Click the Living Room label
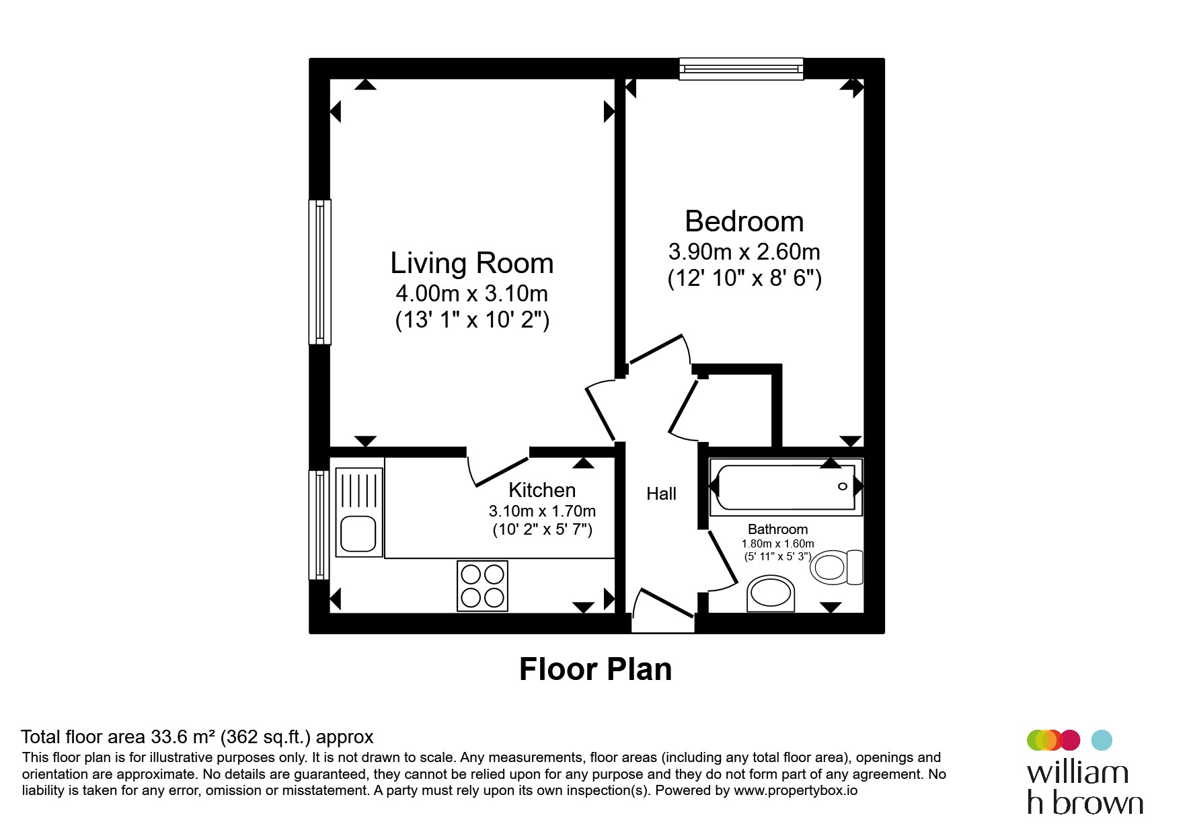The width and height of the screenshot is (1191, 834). click(x=472, y=263)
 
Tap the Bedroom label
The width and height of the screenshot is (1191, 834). click(x=744, y=221)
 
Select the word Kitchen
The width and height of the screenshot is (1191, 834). click(x=542, y=490)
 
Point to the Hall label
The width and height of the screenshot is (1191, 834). click(x=661, y=494)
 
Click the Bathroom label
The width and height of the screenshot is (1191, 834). click(x=778, y=529)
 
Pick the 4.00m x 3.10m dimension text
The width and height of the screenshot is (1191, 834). click(x=472, y=294)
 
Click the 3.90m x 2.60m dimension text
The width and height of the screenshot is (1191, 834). click(x=744, y=252)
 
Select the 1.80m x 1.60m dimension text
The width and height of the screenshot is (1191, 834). click(x=778, y=543)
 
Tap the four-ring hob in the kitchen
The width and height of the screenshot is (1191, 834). click(x=482, y=586)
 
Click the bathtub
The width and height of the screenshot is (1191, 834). click(x=786, y=487)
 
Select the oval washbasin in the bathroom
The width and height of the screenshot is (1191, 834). click(x=771, y=593)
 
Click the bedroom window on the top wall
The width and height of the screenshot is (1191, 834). click(x=741, y=69)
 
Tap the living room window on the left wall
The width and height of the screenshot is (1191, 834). click(x=320, y=272)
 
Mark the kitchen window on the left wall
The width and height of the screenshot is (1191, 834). click(x=319, y=525)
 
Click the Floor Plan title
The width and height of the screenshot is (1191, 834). click(x=596, y=669)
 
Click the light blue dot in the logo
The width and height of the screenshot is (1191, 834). click(x=1102, y=740)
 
